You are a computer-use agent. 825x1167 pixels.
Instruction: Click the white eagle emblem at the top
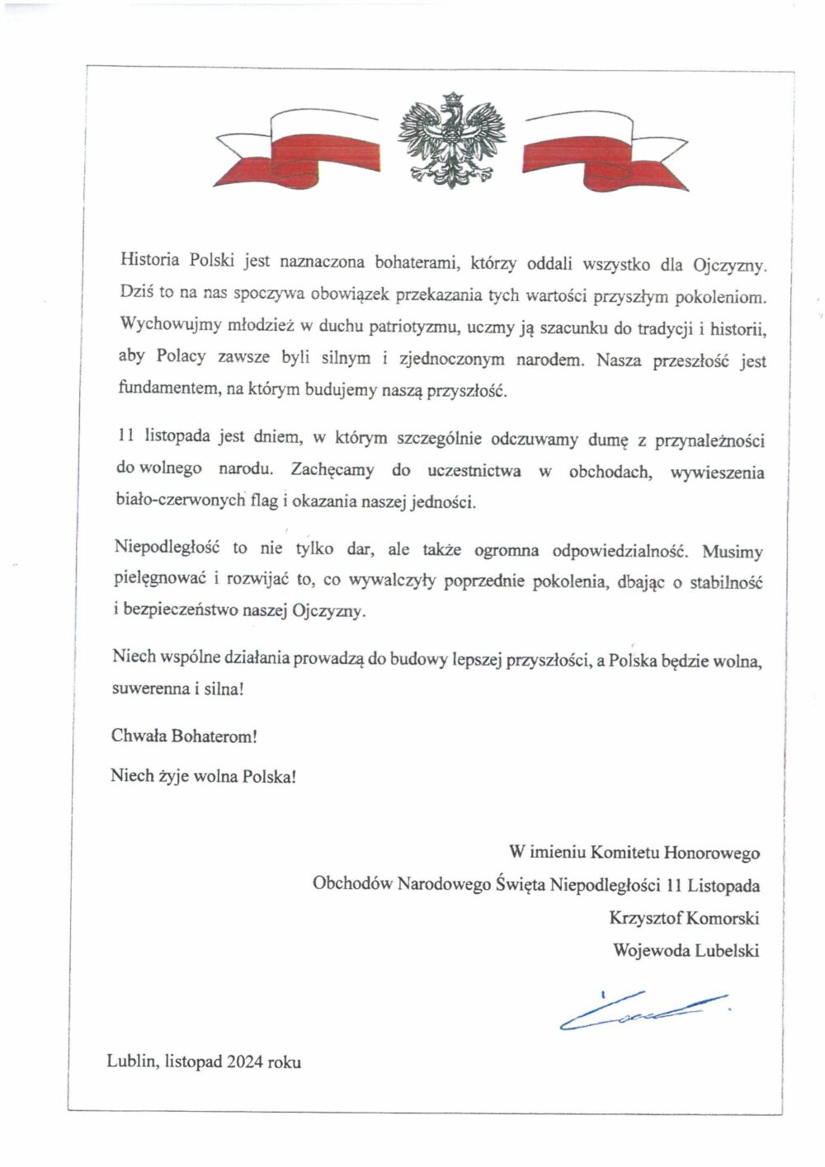pyautogui.click(x=450, y=141)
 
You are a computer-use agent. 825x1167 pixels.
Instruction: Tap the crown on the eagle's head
pyautogui.click(x=451, y=100)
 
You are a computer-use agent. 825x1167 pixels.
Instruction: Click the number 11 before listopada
pyautogui.click(x=125, y=437)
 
